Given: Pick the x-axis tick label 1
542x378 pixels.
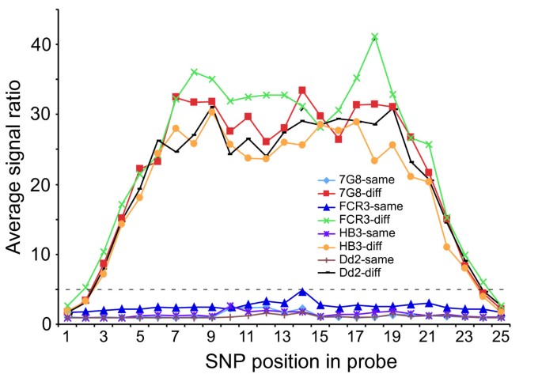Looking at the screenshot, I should (67, 337).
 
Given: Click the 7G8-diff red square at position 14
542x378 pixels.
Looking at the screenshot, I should (302, 91).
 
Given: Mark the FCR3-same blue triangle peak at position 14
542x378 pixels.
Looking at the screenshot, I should (302, 292).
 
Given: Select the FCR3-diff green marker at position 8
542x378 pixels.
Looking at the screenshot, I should (194, 72).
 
